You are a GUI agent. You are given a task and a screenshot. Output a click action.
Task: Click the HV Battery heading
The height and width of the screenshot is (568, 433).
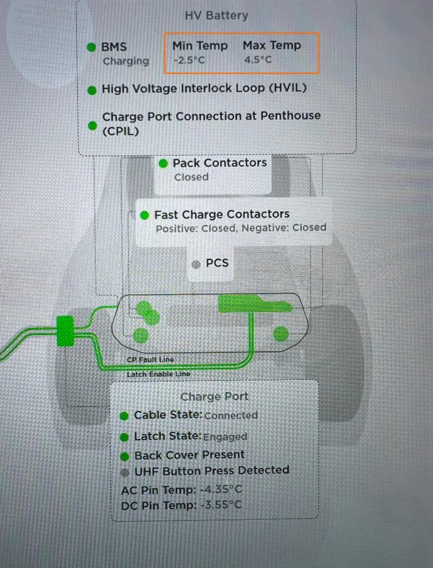[x=216, y=16]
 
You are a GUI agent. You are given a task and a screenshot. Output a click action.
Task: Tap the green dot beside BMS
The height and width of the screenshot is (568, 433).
[x=91, y=47]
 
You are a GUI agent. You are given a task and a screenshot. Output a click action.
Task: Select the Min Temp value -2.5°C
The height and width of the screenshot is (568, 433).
[x=189, y=60]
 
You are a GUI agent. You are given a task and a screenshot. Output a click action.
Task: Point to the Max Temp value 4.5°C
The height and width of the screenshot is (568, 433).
[x=258, y=60]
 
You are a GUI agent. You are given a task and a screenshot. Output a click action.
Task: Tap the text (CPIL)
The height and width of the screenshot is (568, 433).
[x=120, y=132]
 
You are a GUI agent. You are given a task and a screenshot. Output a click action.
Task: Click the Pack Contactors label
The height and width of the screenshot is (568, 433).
[x=220, y=163]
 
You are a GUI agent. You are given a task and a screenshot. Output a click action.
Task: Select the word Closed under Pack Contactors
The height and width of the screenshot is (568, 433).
[x=191, y=177]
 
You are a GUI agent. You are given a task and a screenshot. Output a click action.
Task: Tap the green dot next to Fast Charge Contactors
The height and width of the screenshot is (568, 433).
[x=145, y=215]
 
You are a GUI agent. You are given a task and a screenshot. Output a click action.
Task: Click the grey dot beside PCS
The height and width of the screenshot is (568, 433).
[x=195, y=264]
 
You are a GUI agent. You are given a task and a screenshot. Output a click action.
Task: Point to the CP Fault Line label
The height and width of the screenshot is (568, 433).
[x=150, y=359]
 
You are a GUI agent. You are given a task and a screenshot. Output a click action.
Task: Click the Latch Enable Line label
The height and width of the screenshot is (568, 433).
[x=159, y=374]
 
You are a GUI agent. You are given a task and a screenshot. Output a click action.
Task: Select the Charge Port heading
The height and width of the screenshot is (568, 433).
[x=215, y=397]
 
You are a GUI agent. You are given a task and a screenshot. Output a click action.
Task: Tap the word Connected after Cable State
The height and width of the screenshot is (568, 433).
[x=231, y=415]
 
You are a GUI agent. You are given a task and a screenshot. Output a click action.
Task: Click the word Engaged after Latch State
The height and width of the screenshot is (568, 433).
[x=225, y=437]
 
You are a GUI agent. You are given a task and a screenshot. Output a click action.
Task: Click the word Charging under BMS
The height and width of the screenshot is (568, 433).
[x=126, y=61]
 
